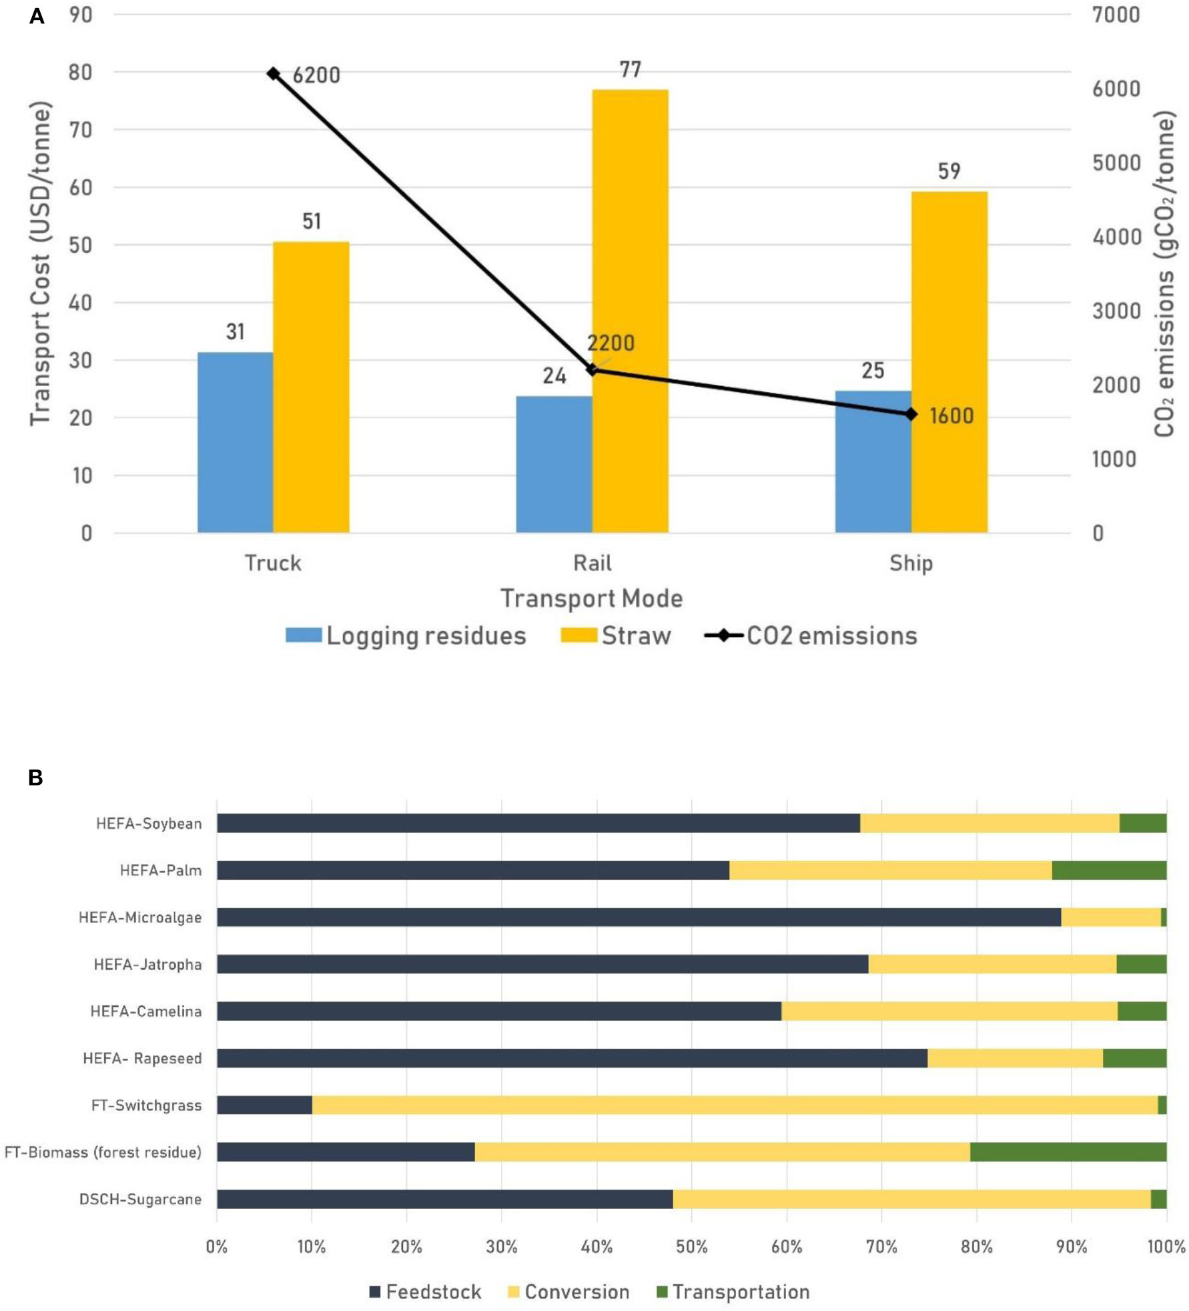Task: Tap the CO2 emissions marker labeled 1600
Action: (x=911, y=414)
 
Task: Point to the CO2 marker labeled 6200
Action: (x=273, y=73)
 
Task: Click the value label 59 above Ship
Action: (x=949, y=171)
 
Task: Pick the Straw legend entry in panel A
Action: (x=615, y=635)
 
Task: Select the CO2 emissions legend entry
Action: (x=811, y=635)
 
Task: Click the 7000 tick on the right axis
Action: (x=1116, y=14)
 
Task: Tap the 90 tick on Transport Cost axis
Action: (x=81, y=14)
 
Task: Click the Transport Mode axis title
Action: (x=592, y=598)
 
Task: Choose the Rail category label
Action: (x=592, y=563)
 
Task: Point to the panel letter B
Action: (x=35, y=778)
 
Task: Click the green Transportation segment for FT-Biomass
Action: (x=1068, y=1152)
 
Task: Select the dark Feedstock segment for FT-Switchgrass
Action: (x=264, y=1105)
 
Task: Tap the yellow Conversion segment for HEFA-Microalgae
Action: (x=1111, y=917)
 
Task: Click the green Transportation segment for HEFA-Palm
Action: (x=1109, y=870)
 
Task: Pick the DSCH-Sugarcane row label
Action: (x=140, y=1199)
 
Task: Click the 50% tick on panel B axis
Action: (x=691, y=1246)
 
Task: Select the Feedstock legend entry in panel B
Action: (x=425, y=1292)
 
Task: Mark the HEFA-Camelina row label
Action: (x=145, y=1011)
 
